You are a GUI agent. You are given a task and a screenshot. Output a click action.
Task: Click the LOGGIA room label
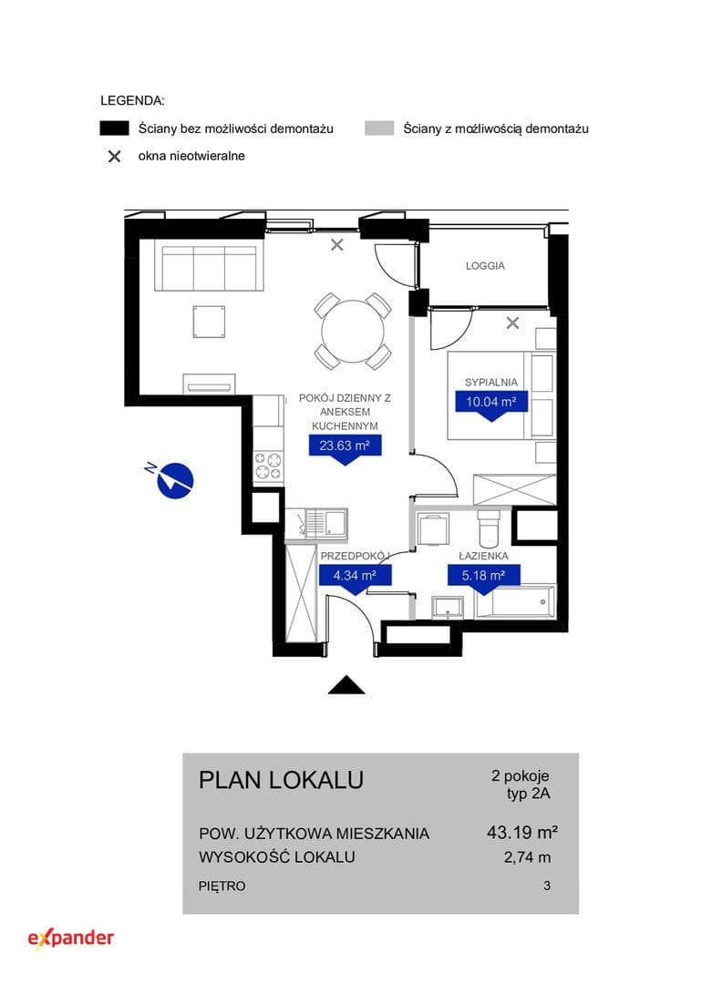click(485, 265)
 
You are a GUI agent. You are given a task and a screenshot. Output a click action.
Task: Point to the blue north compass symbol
click(172, 479)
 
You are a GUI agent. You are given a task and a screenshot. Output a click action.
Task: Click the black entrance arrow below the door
click(346, 684)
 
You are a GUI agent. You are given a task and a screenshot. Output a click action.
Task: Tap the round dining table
click(353, 331)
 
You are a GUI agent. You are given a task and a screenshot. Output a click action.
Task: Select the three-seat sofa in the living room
click(209, 267)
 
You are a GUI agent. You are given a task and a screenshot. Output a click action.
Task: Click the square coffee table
click(209, 322)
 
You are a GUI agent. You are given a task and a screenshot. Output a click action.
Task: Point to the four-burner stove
click(268, 466)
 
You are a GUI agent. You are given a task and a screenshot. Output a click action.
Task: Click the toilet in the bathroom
click(489, 529)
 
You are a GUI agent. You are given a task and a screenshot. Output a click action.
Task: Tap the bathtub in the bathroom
click(516, 602)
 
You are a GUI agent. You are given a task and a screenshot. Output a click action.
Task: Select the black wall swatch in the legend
click(114, 128)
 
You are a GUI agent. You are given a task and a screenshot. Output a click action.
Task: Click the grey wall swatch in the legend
click(379, 128)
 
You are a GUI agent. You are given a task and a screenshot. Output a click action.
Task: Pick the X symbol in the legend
click(114, 157)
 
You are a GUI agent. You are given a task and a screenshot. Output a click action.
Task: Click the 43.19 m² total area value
click(522, 832)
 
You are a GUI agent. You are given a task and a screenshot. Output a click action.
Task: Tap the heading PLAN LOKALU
click(282, 779)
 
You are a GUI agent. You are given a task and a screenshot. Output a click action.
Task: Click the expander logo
click(71, 938)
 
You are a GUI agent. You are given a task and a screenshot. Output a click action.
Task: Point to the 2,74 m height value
click(527, 857)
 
